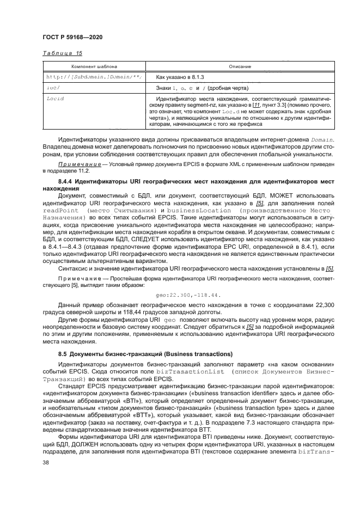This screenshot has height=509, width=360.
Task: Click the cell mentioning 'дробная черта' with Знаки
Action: pyautogui.click(x=203, y=88)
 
